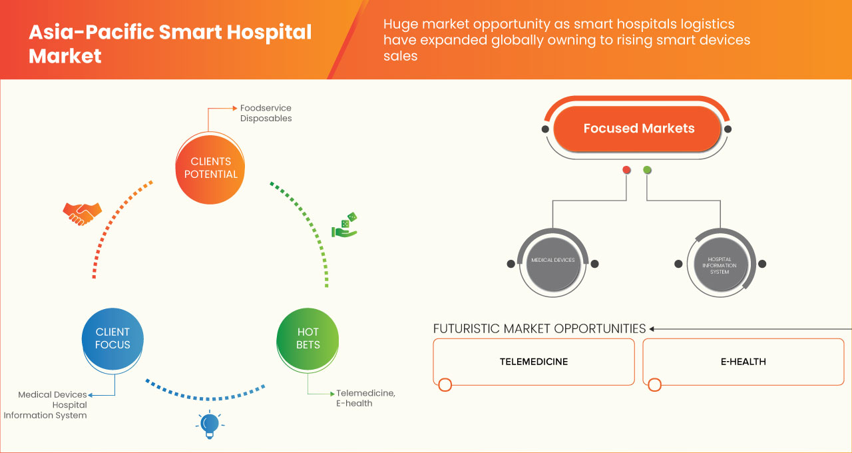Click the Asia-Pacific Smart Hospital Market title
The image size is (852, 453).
tap(170, 43)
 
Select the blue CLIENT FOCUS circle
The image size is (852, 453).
tap(112, 338)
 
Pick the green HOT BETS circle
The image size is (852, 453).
tap(308, 338)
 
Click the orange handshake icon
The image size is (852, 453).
tap(82, 213)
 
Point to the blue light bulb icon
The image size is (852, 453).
tap(210, 425)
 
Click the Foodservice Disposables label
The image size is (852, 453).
tap(266, 113)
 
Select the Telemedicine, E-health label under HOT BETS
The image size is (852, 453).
tap(365, 398)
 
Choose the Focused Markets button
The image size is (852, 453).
tap(638, 129)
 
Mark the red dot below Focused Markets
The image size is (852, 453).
tap(626, 171)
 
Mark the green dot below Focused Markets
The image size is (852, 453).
tap(648, 171)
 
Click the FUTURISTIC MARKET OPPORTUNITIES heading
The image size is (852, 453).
tap(539, 328)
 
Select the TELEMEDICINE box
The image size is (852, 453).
tap(534, 362)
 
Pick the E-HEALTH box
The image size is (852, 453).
tap(743, 362)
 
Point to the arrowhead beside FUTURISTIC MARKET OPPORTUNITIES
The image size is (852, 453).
tap(652, 328)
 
